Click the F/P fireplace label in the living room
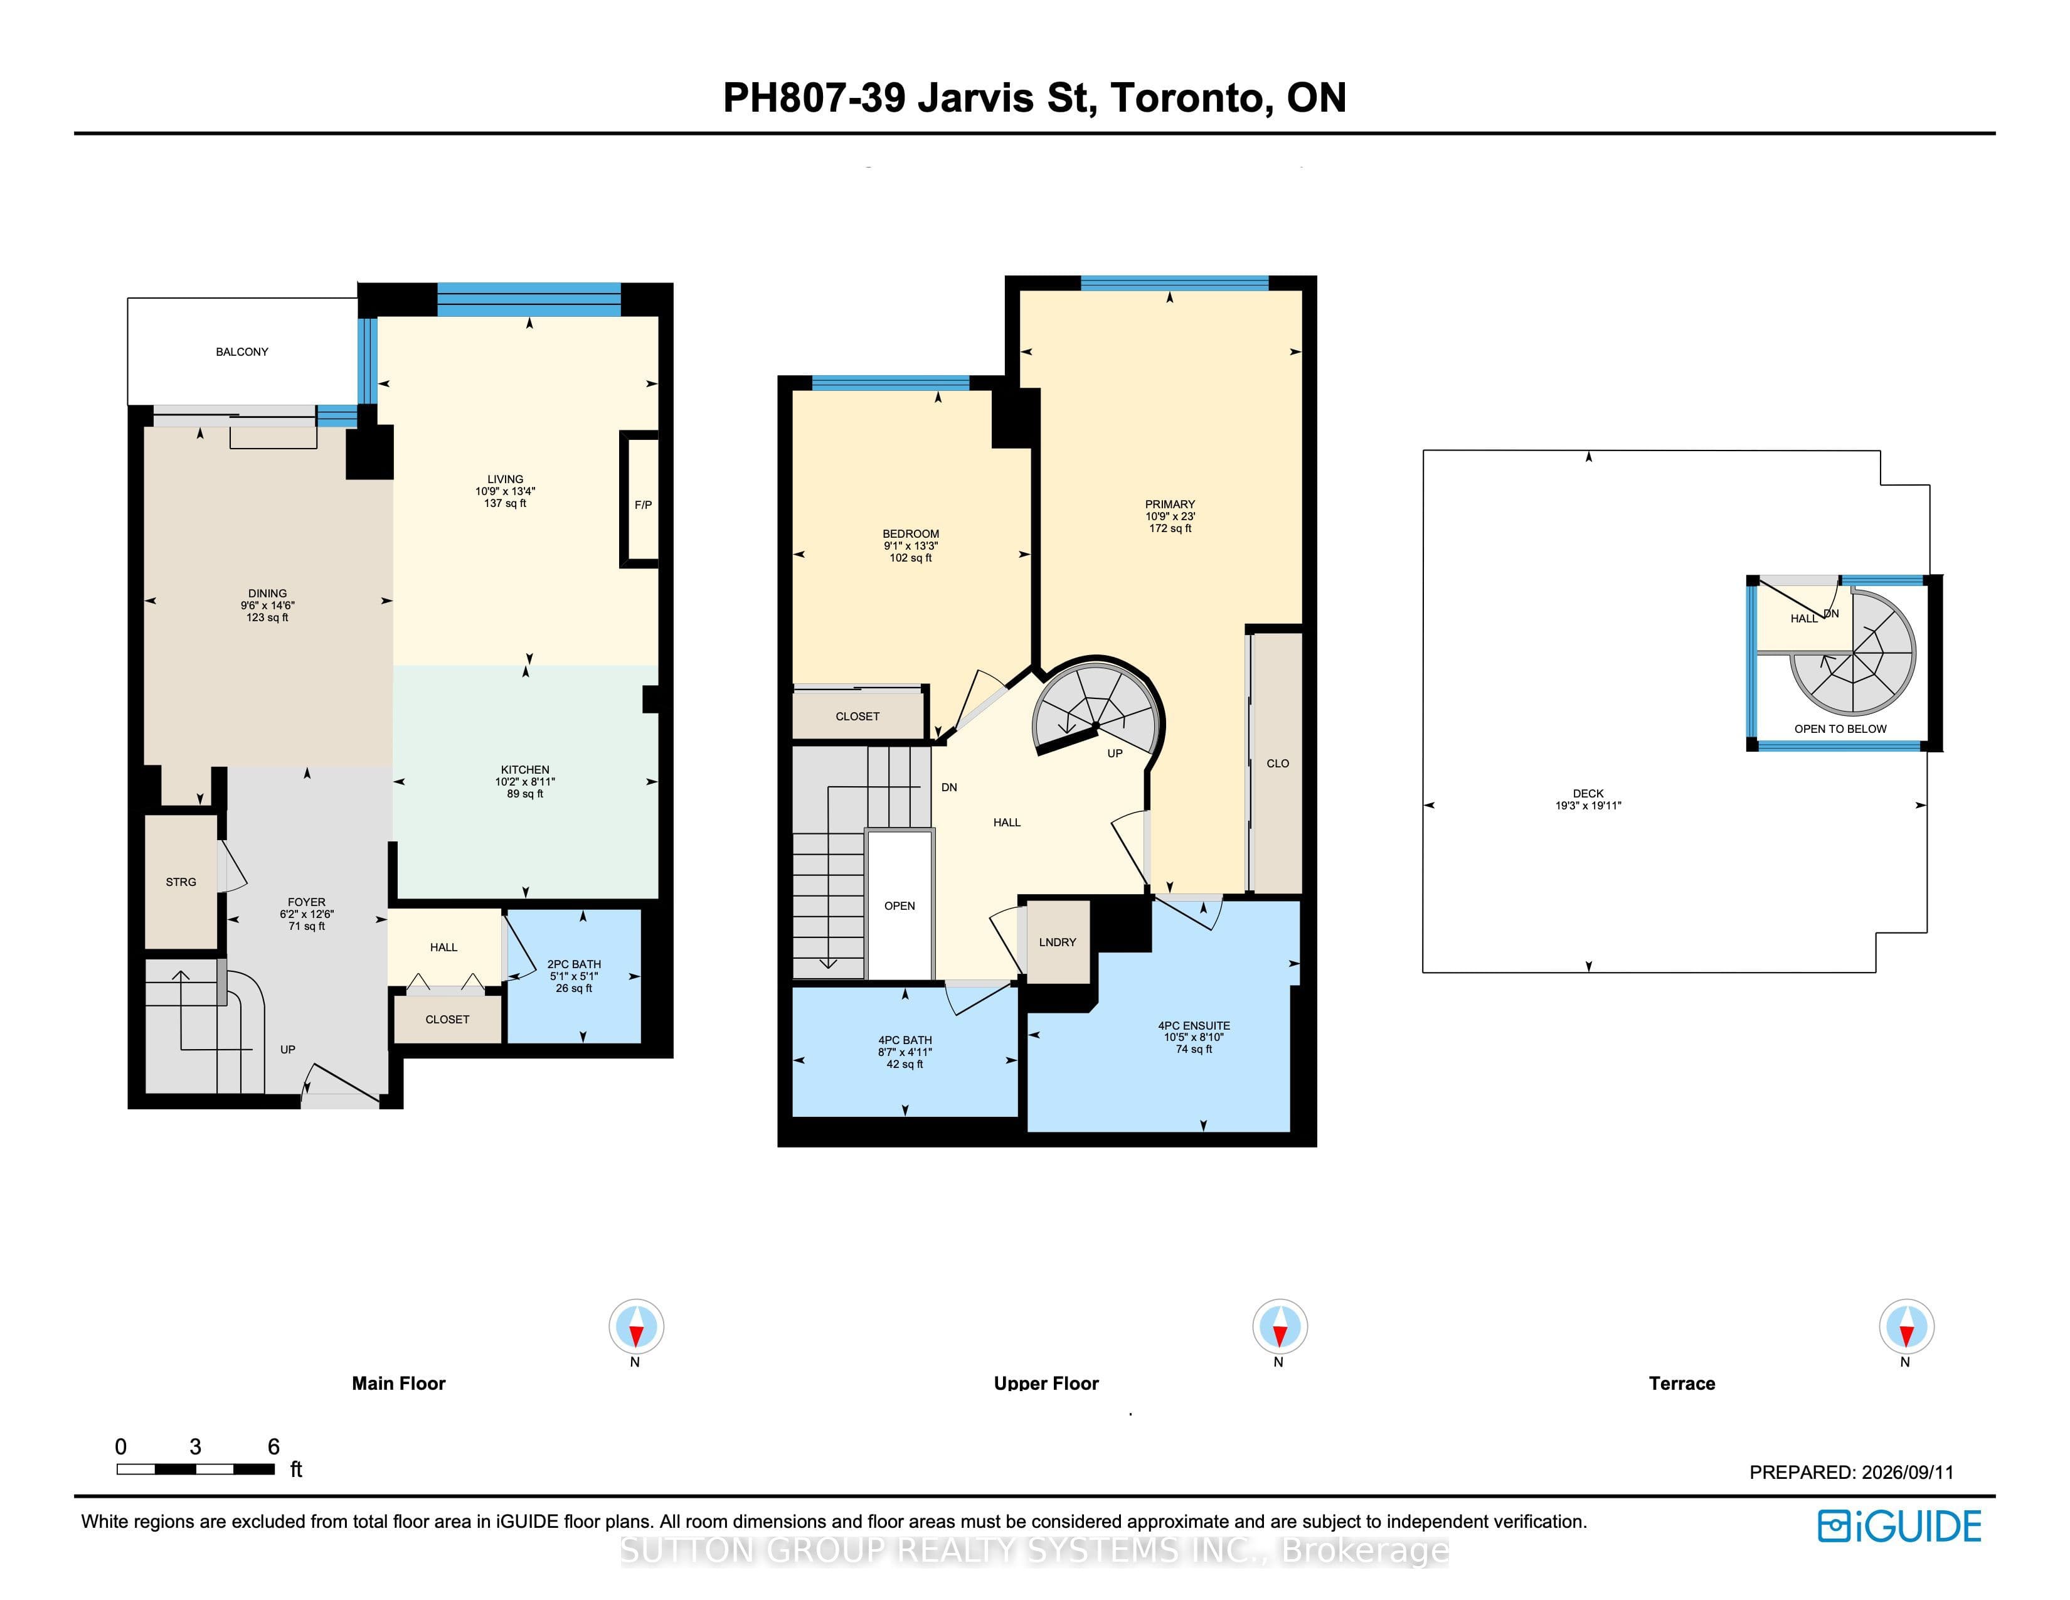642,505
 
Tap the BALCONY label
242,351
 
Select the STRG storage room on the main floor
181,882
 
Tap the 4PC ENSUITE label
1194,1026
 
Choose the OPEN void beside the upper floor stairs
900,905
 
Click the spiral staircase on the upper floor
1096,705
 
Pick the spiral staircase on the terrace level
1853,653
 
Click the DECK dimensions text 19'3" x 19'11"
1588,806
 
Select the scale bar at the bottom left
195,1469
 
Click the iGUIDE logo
1899,1526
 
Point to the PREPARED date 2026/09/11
1907,1472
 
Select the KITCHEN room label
525,770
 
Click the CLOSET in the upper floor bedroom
857,716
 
